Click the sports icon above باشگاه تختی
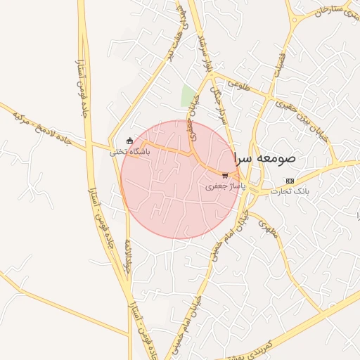pyautogui.click(x=129, y=141)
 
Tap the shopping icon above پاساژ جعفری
pyautogui.click(x=225, y=176)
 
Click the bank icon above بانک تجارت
pyautogui.click(x=290, y=181)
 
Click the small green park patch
pyautogui.click(x=188, y=96)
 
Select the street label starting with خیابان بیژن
pyautogui.click(x=302, y=120)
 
